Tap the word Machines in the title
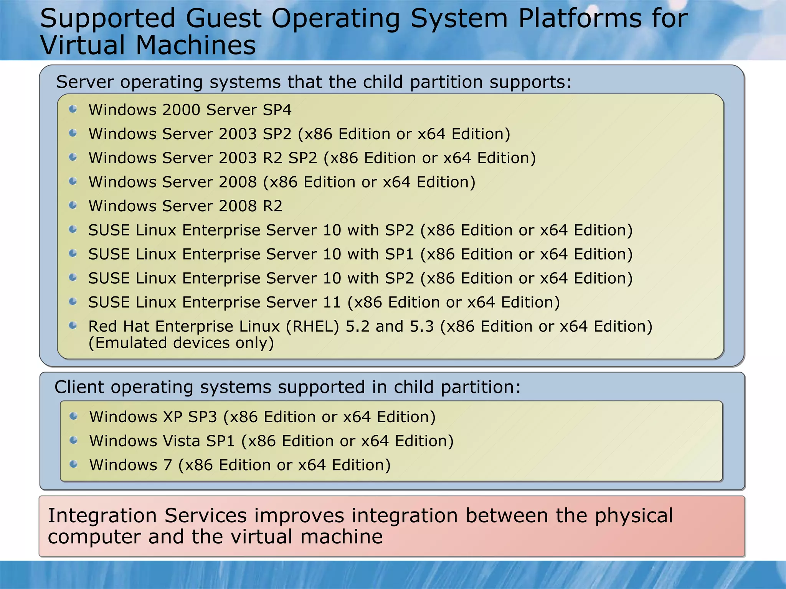pos(196,45)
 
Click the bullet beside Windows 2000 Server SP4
pos(73,109)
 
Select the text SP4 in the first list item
pos(277,110)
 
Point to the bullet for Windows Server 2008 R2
pos(73,206)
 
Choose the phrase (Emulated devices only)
pos(181,343)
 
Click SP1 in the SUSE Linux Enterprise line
pos(400,254)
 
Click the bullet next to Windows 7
pos(74,464)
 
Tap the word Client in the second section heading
pos(79,387)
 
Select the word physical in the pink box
pos(634,516)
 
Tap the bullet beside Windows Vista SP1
pos(74,440)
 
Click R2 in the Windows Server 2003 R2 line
pos(272,158)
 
